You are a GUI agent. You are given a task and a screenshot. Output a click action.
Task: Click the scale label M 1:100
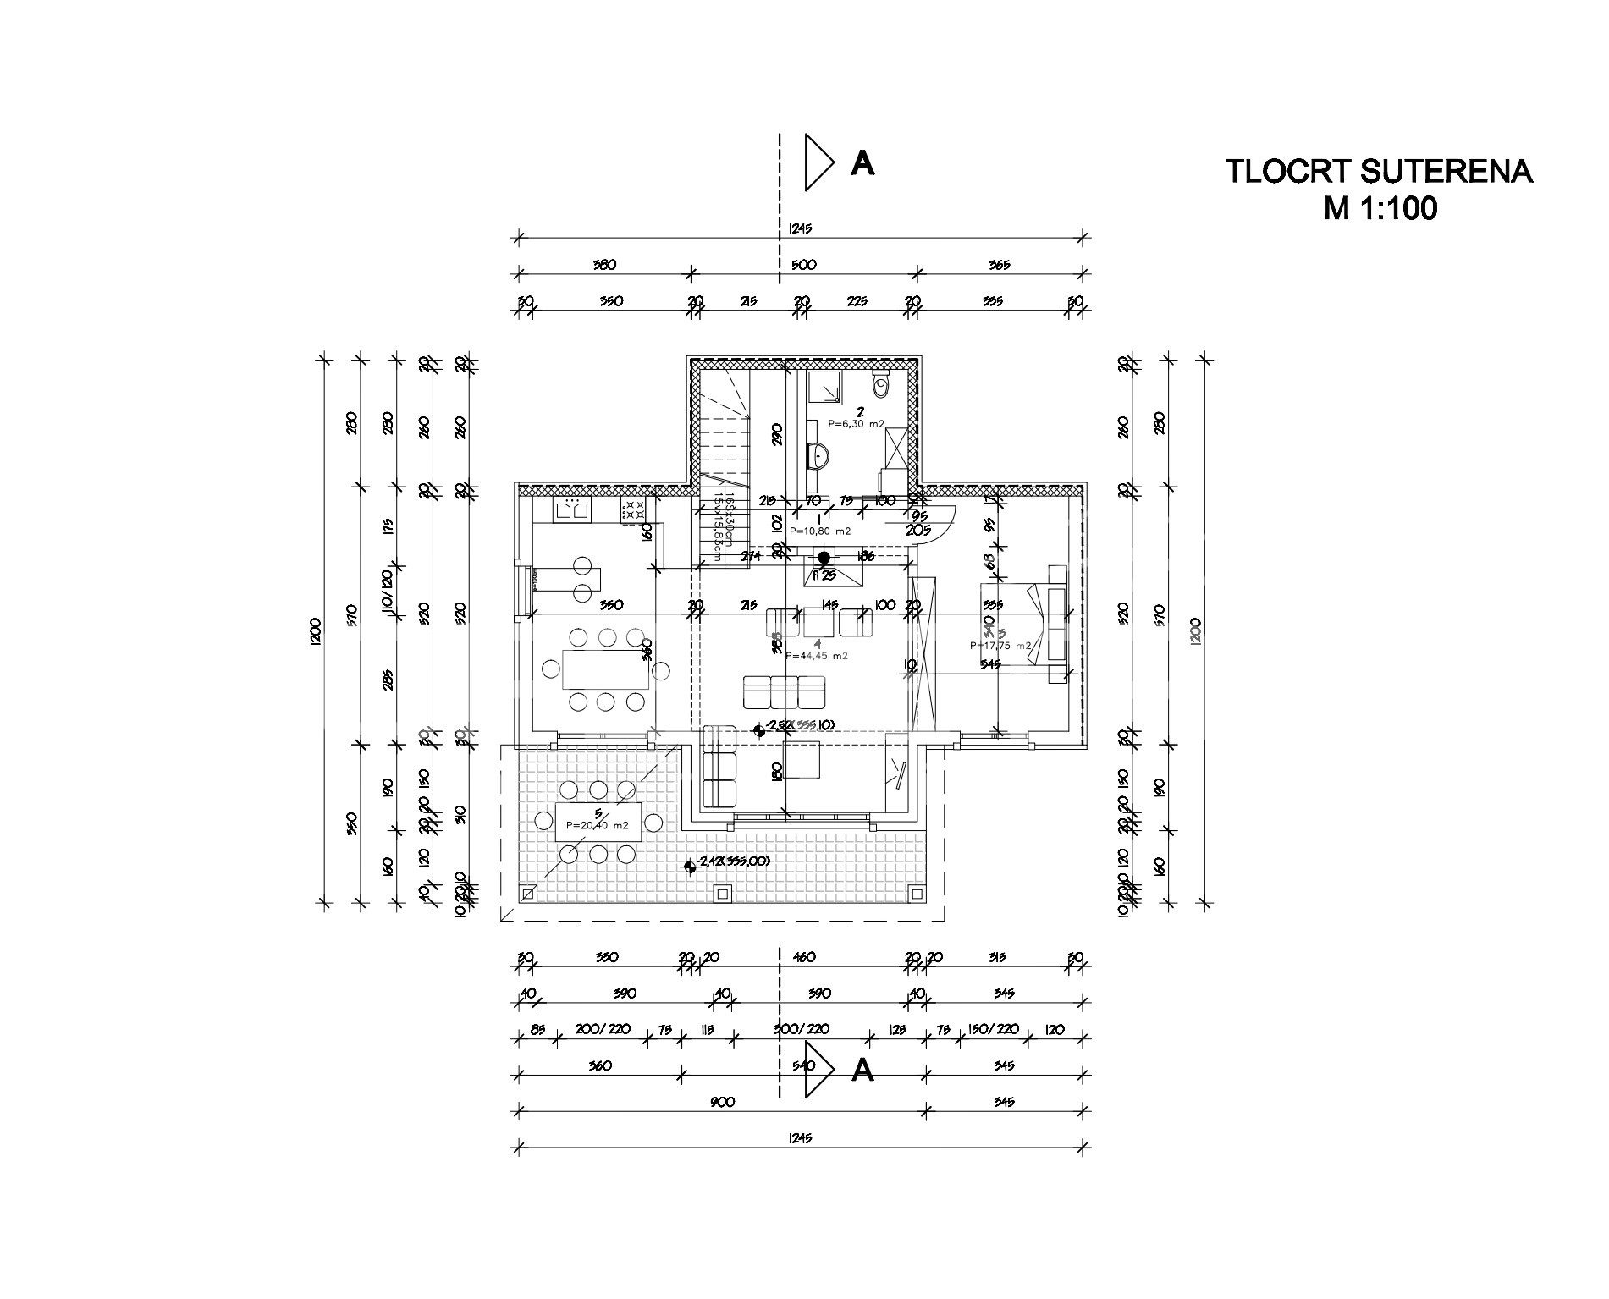point(1380,208)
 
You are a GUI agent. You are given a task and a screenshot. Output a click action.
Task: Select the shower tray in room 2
point(823,388)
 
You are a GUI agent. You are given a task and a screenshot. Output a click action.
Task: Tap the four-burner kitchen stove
point(634,509)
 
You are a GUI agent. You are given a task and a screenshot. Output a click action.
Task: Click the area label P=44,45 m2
point(817,655)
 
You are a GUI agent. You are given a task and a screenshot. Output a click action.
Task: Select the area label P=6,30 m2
point(856,423)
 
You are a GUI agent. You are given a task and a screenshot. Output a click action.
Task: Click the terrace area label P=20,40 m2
point(598,825)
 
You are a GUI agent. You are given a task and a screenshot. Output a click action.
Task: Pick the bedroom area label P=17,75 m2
point(1001,646)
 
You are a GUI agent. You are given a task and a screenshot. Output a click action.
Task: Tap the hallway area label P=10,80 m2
point(819,531)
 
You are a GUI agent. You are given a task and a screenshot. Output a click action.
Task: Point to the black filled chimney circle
point(824,557)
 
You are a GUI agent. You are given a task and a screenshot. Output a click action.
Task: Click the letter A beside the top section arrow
point(862,163)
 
